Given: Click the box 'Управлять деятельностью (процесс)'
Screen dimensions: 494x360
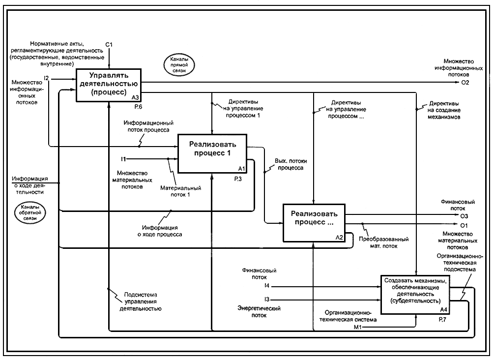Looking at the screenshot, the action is (x=109, y=85).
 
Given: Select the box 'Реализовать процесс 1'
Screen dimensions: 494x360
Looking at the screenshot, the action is (x=212, y=153).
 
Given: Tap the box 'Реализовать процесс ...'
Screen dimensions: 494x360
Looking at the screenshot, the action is (x=314, y=223).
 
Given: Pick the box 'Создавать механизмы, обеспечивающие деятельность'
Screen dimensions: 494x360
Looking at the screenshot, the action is (x=415, y=295).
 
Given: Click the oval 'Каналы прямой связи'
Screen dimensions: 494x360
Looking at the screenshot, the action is (x=179, y=65).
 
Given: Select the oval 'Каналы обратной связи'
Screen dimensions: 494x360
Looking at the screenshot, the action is (x=30, y=213).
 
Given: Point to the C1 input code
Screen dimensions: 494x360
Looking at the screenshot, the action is (x=109, y=45).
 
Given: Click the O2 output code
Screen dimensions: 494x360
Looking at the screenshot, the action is (x=465, y=83).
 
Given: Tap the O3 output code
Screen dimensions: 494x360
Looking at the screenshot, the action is (x=464, y=216).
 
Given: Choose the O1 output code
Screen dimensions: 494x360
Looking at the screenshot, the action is (x=464, y=226).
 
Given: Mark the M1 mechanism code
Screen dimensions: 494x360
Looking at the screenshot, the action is (x=357, y=328).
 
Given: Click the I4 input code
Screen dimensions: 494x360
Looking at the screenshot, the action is (x=267, y=286).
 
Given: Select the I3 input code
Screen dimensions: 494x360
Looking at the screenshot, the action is (x=267, y=299).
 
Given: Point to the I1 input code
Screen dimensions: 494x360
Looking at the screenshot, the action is (x=123, y=159).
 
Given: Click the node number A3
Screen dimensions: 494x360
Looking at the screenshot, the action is (x=135, y=98).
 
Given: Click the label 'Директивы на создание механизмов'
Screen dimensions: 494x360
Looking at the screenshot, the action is (x=444, y=110).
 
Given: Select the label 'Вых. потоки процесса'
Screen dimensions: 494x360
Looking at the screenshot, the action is (x=291, y=164).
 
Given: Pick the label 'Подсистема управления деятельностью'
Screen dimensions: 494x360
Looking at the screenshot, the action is (x=140, y=301).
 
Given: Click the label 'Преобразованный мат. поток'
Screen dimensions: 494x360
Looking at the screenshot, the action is (x=384, y=242).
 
